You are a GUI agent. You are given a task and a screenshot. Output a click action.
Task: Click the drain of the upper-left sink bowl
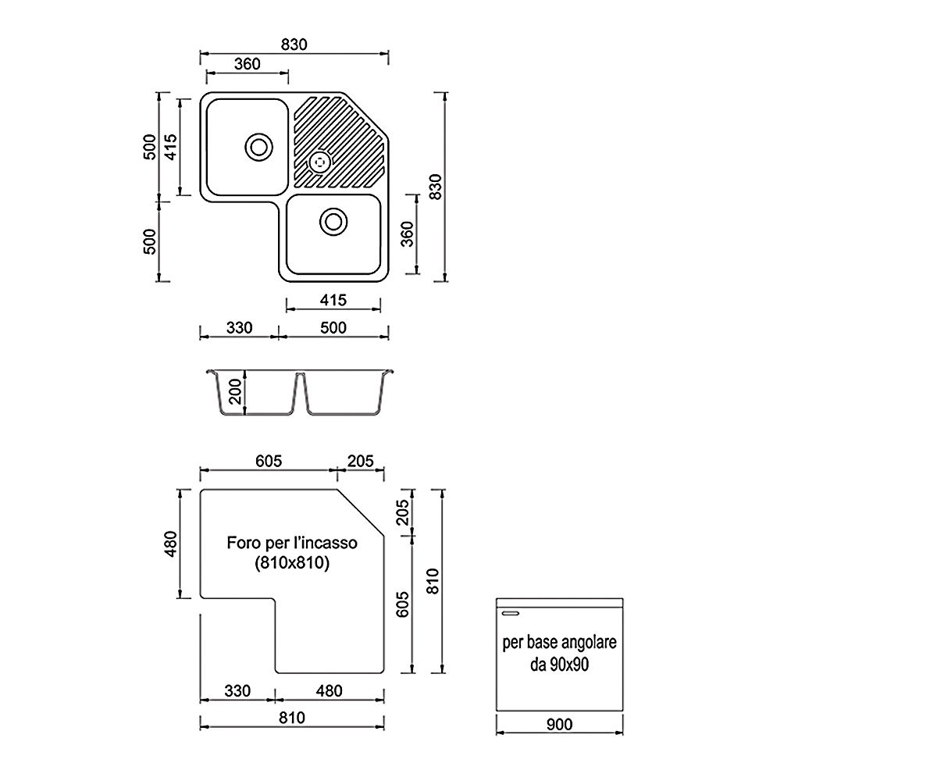[259, 147]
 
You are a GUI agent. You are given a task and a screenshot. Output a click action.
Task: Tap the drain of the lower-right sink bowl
[333, 221]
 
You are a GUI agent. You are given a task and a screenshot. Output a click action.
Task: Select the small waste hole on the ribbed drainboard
[320, 162]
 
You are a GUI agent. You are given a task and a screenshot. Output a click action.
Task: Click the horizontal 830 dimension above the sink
[294, 45]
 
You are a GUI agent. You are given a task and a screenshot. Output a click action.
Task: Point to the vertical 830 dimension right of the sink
[436, 187]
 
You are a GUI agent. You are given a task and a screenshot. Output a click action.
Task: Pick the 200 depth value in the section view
[235, 391]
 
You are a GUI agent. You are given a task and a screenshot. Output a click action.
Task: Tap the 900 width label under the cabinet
[559, 724]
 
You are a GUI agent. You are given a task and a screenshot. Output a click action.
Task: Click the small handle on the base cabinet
[510, 613]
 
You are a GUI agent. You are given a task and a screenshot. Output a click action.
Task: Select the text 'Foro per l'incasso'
[292, 543]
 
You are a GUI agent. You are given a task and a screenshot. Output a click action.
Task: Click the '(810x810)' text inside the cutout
[292, 562]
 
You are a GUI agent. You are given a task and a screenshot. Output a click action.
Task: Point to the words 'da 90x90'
[559, 665]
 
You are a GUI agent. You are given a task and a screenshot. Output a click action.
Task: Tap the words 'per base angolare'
[559, 642]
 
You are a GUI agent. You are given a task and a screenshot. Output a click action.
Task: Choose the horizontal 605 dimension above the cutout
[269, 461]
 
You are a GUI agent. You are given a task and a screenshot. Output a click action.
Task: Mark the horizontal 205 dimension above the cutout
[361, 461]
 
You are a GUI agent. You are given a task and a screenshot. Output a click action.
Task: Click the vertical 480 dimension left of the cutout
[171, 544]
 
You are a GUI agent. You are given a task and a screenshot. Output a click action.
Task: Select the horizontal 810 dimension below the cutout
[292, 717]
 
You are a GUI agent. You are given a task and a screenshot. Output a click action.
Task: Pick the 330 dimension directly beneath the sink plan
[239, 327]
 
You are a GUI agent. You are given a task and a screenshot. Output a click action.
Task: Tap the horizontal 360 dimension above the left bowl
[248, 64]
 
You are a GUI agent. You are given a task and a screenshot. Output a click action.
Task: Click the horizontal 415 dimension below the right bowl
[333, 299]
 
